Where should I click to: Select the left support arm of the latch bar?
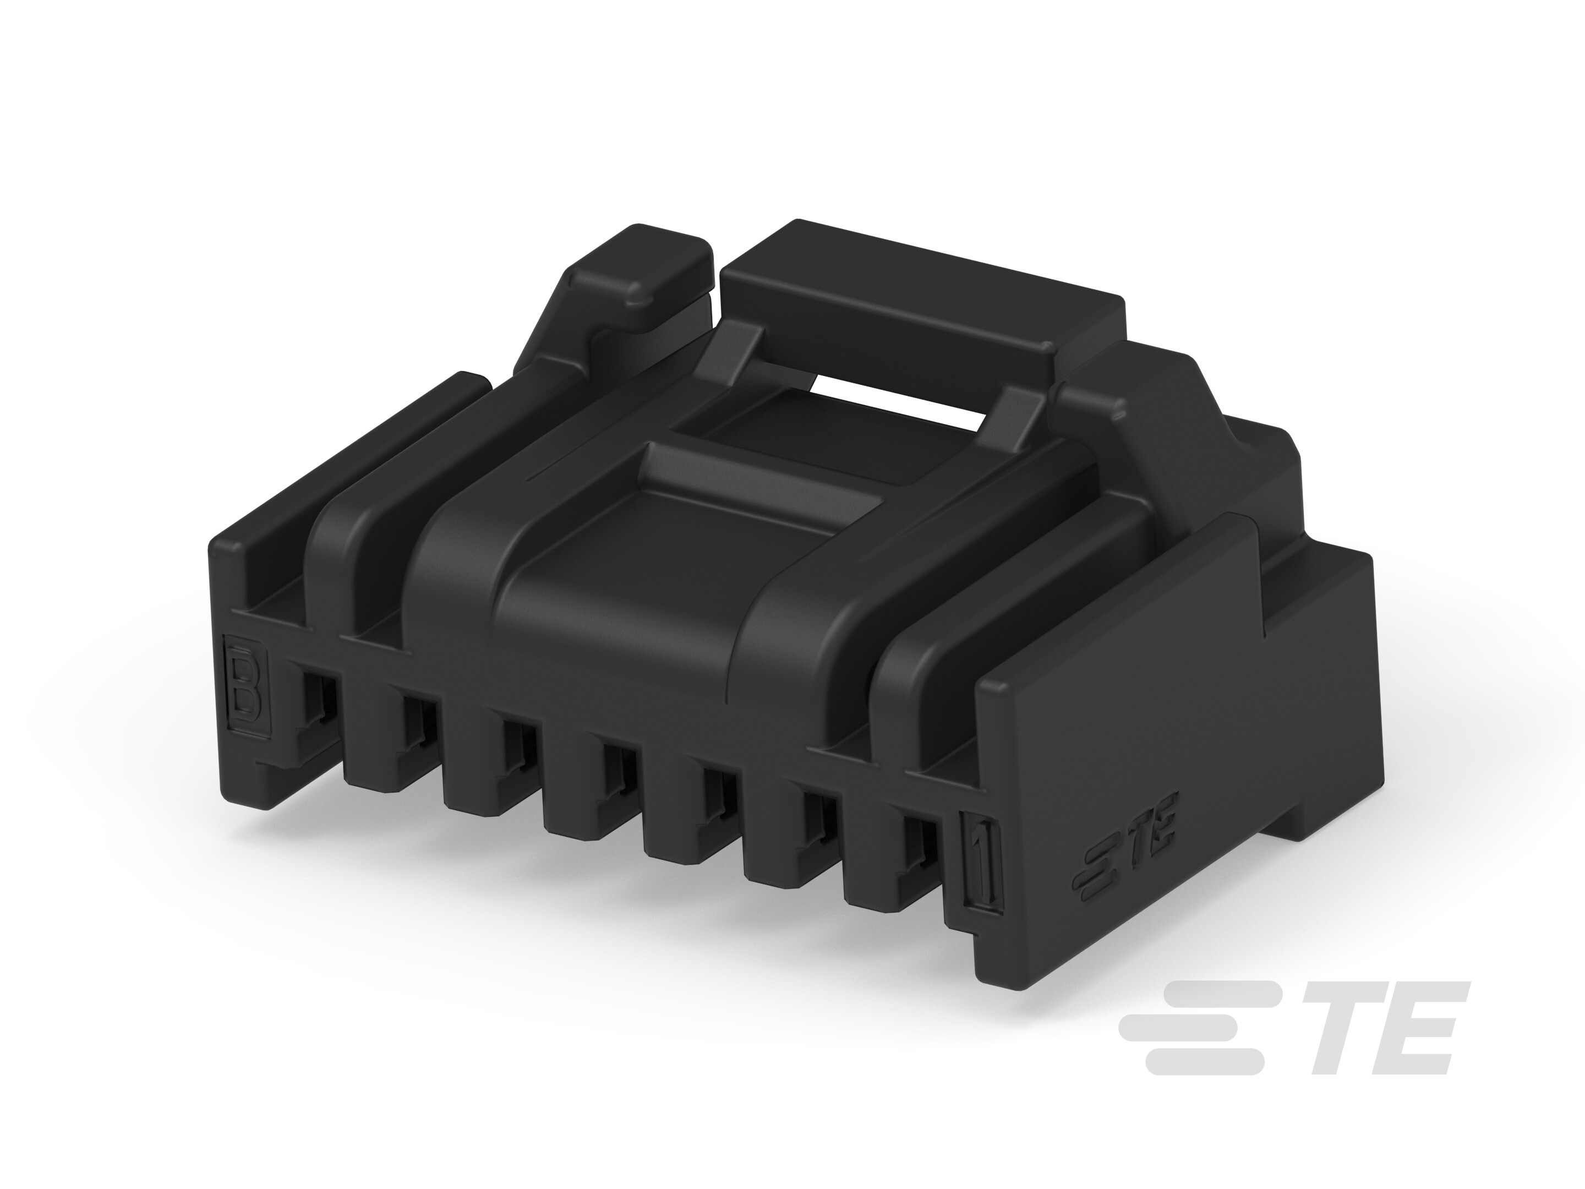click(731, 351)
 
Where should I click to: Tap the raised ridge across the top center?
click(759, 473)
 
